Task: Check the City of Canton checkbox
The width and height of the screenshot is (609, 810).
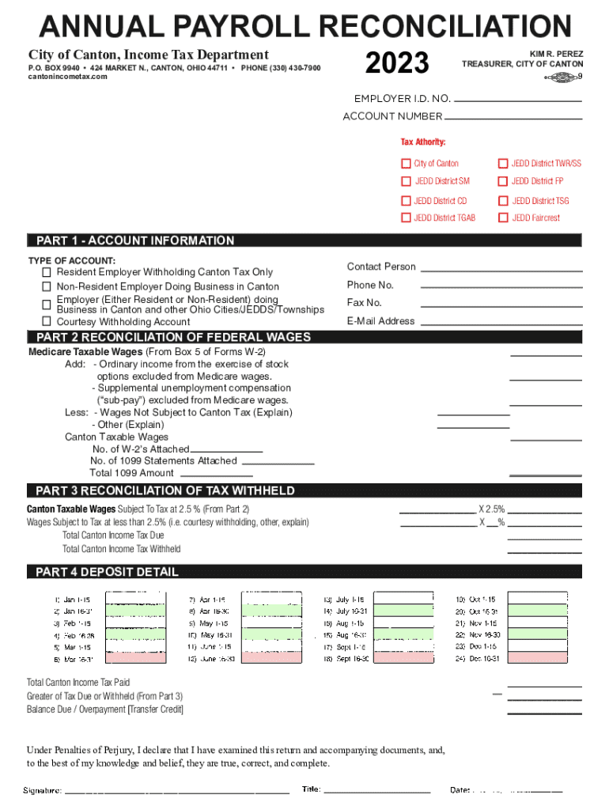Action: pos(407,164)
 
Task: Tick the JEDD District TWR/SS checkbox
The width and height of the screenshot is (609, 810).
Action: pos(502,164)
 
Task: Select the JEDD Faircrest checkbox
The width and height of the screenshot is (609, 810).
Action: pos(502,218)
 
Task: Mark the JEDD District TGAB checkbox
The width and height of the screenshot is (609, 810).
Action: pos(407,218)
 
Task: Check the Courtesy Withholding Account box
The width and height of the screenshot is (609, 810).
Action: pos(47,321)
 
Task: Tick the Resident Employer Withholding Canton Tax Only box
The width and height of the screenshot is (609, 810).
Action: pos(47,272)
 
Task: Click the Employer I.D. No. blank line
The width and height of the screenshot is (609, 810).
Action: pos(519,100)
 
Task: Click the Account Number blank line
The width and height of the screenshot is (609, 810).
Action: pos(513,118)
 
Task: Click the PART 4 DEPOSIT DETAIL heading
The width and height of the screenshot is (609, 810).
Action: pos(107,572)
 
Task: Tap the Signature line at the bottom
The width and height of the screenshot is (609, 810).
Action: pos(176,791)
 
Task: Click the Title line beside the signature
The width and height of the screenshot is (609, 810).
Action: pos(377,791)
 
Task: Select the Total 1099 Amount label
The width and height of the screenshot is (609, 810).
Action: pos(132,473)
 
